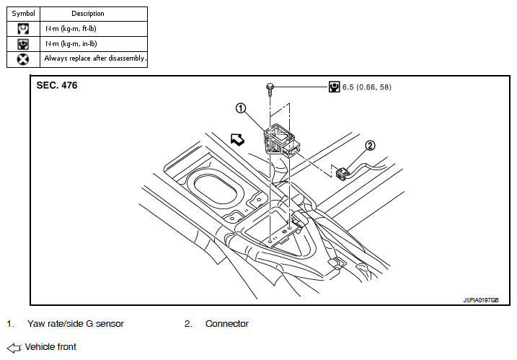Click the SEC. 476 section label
point(57,85)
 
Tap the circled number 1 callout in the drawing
point(241,108)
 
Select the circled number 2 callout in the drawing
point(370,145)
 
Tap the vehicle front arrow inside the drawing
point(238,139)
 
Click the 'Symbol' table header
point(22,14)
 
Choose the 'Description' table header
point(88,14)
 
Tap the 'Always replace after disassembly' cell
point(95,58)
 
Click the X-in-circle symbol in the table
point(23,58)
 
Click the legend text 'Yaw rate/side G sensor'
point(75,324)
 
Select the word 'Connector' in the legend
point(226,324)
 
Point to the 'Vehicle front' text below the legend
point(50,347)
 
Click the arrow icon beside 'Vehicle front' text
point(14,347)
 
